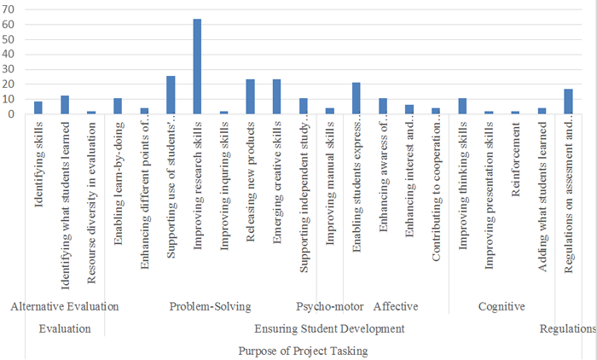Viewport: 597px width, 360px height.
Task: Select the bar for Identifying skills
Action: point(38,107)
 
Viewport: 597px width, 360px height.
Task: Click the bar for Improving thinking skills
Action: point(462,106)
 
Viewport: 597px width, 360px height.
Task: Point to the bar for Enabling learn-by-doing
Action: point(118,106)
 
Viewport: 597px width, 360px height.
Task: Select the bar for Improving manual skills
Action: point(329,111)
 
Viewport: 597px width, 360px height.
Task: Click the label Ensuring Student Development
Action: point(329,328)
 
